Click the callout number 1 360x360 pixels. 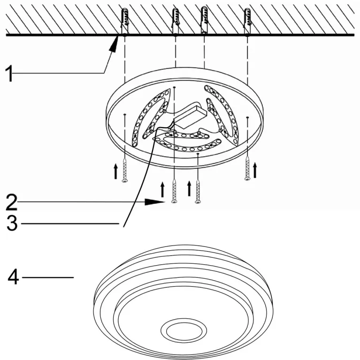tap(9, 73)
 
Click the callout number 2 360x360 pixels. tap(11, 202)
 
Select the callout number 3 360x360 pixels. tap(12, 223)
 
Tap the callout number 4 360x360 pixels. tap(13, 277)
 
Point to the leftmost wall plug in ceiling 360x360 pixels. tap(124, 22)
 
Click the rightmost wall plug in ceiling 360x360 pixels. tap(247, 22)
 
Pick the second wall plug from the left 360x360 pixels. tap(175, 22)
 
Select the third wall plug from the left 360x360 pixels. tap(204, 20)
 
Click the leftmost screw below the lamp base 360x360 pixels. tap(125, 170)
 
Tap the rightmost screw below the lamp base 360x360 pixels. tap(247, 168)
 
